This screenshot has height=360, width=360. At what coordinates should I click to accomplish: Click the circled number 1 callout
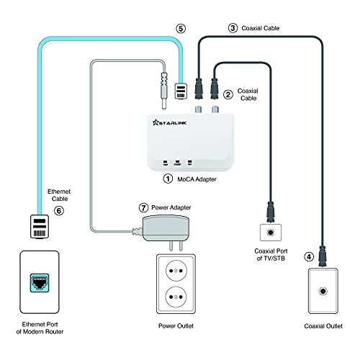pos(168,179)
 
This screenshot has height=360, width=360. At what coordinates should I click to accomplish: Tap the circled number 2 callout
pos(228,94)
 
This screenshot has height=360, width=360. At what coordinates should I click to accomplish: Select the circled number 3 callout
pos(233,28)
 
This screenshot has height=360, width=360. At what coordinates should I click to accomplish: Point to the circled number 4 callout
pos(309,257)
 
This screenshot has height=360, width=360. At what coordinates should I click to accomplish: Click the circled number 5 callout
pos(181,29)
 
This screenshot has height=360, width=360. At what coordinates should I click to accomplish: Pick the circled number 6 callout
pos(59,211)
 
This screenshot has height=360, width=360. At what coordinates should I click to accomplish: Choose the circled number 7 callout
pos(143,207)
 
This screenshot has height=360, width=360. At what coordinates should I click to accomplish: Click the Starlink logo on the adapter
pos(169,122)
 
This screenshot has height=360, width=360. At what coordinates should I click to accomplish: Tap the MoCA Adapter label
pos(197,179)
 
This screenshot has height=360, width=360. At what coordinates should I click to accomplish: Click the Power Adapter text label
pos(171,207)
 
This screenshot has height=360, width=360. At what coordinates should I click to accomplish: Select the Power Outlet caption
pos(176,326)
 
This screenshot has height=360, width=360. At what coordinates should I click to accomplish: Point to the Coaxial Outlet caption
pos(323,326)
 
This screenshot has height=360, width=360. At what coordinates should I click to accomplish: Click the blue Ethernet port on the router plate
pos(40,283)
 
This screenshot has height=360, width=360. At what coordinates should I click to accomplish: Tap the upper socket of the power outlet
pos(176,271)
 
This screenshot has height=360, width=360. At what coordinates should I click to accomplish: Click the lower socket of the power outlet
pos(176,297)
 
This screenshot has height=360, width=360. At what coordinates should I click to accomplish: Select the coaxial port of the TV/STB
pos(271,233)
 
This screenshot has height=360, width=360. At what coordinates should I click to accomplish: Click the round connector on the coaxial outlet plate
pos(323,292)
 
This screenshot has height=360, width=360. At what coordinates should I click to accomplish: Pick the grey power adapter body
pos(166,228)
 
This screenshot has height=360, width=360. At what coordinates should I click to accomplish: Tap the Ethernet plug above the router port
pos(40,227)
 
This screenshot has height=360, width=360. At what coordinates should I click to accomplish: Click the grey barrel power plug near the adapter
pos(164,91)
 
